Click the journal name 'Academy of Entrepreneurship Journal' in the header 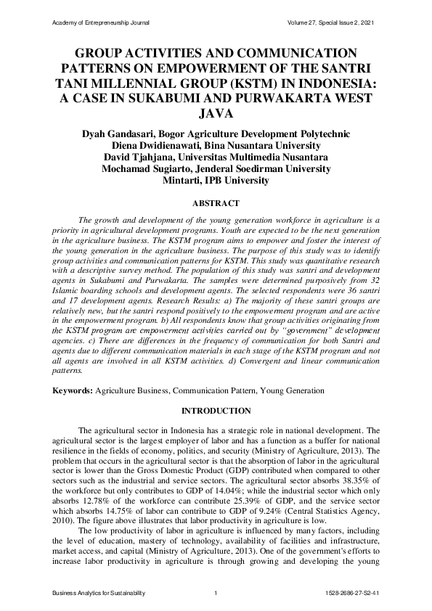pos(101,24)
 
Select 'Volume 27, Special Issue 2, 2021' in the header pos(333,24)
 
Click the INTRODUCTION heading pos(216,411)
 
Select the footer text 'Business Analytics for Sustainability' pos(99,594)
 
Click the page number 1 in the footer pos(216,594)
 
